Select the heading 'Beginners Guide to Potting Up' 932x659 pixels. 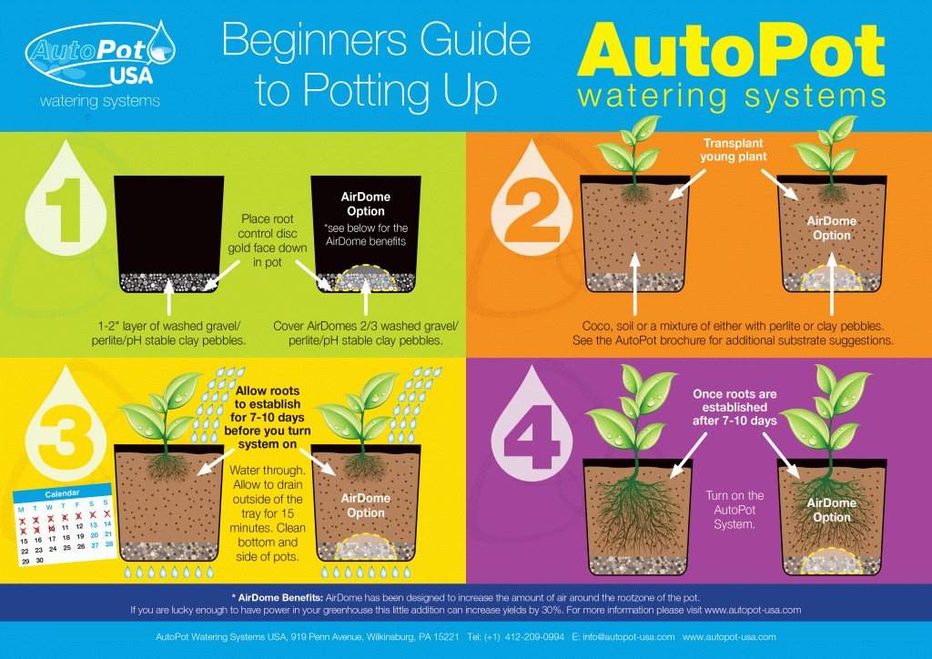click(x=376, y=66)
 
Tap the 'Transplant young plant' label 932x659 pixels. click(x=734, y=149)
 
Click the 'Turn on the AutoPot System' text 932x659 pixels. click(x=734, y=511)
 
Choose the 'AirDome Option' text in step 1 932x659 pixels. click(x=362, y=204)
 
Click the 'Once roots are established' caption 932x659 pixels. click(x=734, y=408)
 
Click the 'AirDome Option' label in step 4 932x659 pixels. click(x=831, y=510)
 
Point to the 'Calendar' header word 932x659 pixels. click(x=63, y=492)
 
